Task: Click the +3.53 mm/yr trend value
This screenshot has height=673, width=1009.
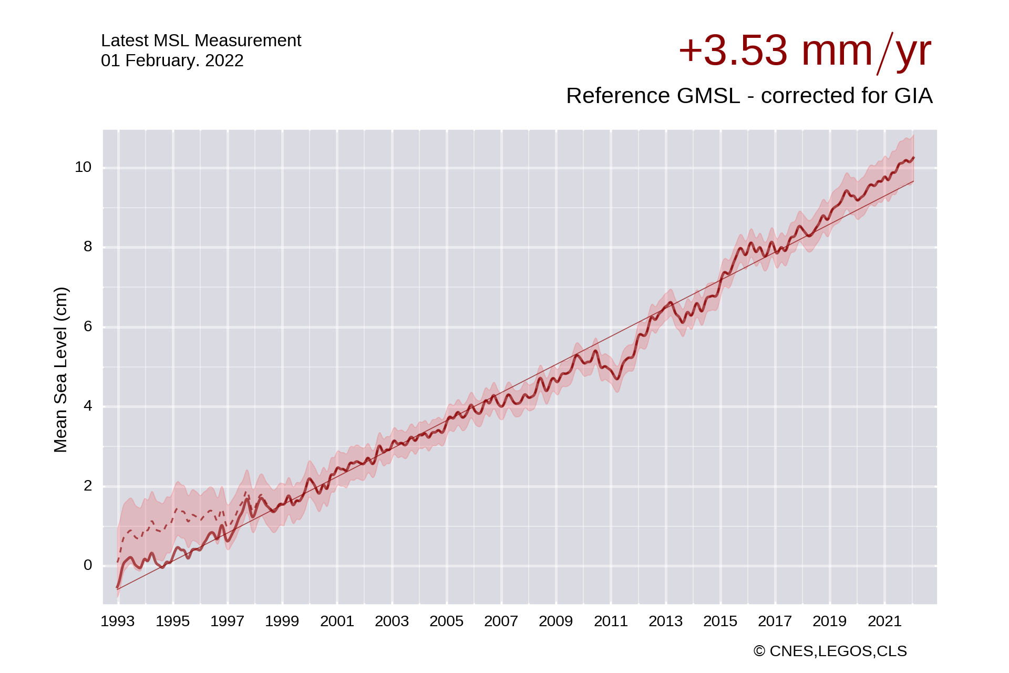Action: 804,51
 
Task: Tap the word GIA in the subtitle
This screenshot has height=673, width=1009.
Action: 915,96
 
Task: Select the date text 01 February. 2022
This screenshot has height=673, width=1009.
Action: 172,60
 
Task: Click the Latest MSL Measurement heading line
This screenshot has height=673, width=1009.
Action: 201,40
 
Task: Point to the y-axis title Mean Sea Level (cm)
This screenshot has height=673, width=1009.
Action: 60,370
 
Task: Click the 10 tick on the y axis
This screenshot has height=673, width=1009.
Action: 83,167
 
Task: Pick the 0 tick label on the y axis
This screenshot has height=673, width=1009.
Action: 88,565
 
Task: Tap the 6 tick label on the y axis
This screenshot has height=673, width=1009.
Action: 88,327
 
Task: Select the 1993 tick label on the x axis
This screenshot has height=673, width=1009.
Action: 118,621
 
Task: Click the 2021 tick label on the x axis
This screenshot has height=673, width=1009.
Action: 884,621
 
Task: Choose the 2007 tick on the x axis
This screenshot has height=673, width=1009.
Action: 501,621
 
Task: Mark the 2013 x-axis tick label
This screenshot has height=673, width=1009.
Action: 665,621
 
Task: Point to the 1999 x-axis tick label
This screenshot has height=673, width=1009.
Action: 282,621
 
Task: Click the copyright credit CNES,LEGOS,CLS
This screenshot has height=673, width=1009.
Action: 830,651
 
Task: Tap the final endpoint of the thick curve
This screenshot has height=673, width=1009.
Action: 914,157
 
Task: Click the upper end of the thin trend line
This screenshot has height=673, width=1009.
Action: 913,181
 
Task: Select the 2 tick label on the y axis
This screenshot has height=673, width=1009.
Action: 88,486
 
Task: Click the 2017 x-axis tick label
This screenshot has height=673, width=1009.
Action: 775,621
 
